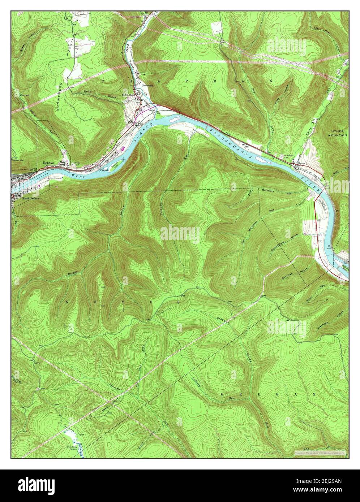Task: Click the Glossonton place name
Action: click(x=148, y=86)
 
